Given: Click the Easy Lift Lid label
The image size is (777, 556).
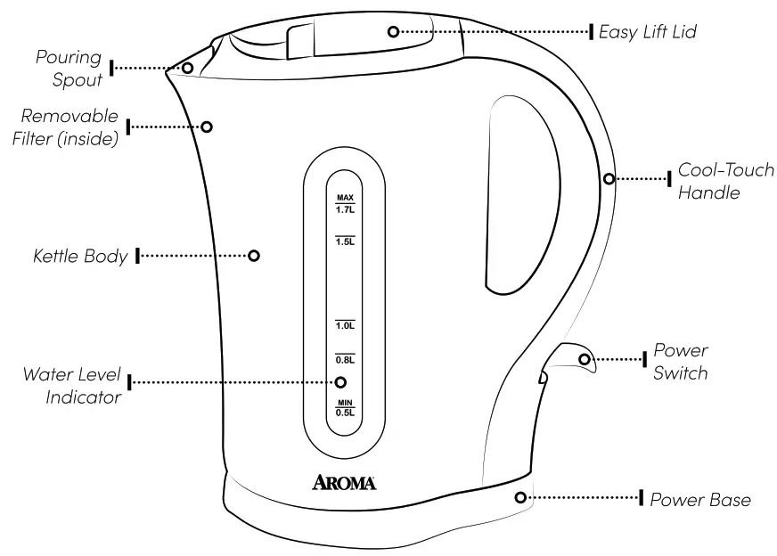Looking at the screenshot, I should tap(646, 32).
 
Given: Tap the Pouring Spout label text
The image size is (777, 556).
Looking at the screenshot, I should tap(69, 69).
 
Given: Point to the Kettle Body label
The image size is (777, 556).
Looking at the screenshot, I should tap(80, 257).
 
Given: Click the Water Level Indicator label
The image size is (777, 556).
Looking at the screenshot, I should tap(72, 385).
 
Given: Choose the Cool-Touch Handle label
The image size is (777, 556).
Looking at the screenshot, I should tap(725, 180).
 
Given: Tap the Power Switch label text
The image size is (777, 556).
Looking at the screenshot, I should tap(680, 361).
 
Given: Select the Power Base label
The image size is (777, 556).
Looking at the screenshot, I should tap(699, 499).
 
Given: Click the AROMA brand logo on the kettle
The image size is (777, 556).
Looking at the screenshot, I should tap(344, 483).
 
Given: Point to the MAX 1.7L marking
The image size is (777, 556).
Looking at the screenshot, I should tap(345, 204).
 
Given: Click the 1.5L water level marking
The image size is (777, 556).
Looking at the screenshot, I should tap(345, 241).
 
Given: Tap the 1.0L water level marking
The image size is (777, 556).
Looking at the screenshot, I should tap(345, 325).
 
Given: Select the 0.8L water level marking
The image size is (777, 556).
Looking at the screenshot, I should tap(345, 359).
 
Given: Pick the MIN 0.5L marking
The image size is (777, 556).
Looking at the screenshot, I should tap(345, 408).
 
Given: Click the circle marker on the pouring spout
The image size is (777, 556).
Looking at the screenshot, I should tap(188, 68).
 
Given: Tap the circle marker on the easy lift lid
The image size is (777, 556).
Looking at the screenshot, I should tap(393, 32).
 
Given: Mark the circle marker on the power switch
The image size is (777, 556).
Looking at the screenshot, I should tap(585, 360).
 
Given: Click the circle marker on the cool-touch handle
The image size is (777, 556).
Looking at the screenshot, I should tap(609, 178).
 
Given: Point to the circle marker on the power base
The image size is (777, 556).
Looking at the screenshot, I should tap(519, 497).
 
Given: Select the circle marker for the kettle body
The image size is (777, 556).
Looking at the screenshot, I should tap(254, 256).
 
